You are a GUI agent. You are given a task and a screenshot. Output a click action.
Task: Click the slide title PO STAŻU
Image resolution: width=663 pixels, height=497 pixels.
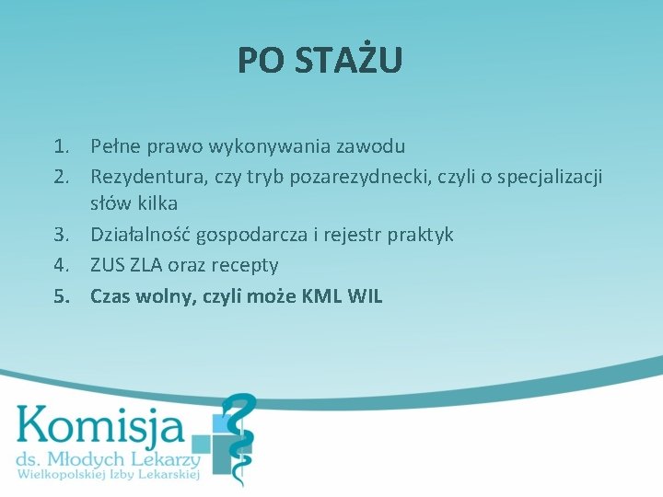[x=320, y=61]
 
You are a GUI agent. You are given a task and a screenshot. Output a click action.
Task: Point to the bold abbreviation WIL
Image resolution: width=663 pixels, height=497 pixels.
[x=366, y=296]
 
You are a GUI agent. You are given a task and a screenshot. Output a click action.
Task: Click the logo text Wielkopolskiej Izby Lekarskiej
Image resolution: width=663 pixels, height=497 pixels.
[x=109, y=475]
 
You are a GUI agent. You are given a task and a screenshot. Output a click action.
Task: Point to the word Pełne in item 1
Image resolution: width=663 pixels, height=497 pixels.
[x=113, y=146]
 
